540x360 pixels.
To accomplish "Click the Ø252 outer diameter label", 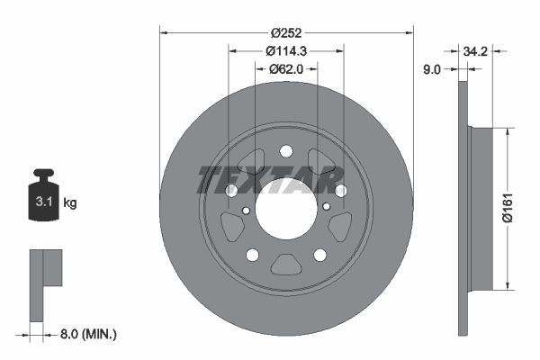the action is (x=286, y=33).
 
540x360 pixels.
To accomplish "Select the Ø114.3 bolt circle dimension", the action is (x=286, y=51).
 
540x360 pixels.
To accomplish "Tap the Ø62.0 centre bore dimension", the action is (x=286, y=69).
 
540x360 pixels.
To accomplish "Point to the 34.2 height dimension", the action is (x=475, y=51).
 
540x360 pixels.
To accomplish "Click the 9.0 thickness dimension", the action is (x=431, y=69).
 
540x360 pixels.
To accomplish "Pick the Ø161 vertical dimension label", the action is (x=508, y=208).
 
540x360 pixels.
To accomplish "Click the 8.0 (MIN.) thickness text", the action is (x=88, y=334).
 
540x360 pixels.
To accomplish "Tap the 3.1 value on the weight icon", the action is (x=44, y=202).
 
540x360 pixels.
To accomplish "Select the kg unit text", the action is (x=70, y=202).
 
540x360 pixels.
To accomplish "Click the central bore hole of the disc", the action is (x=286, y=209).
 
